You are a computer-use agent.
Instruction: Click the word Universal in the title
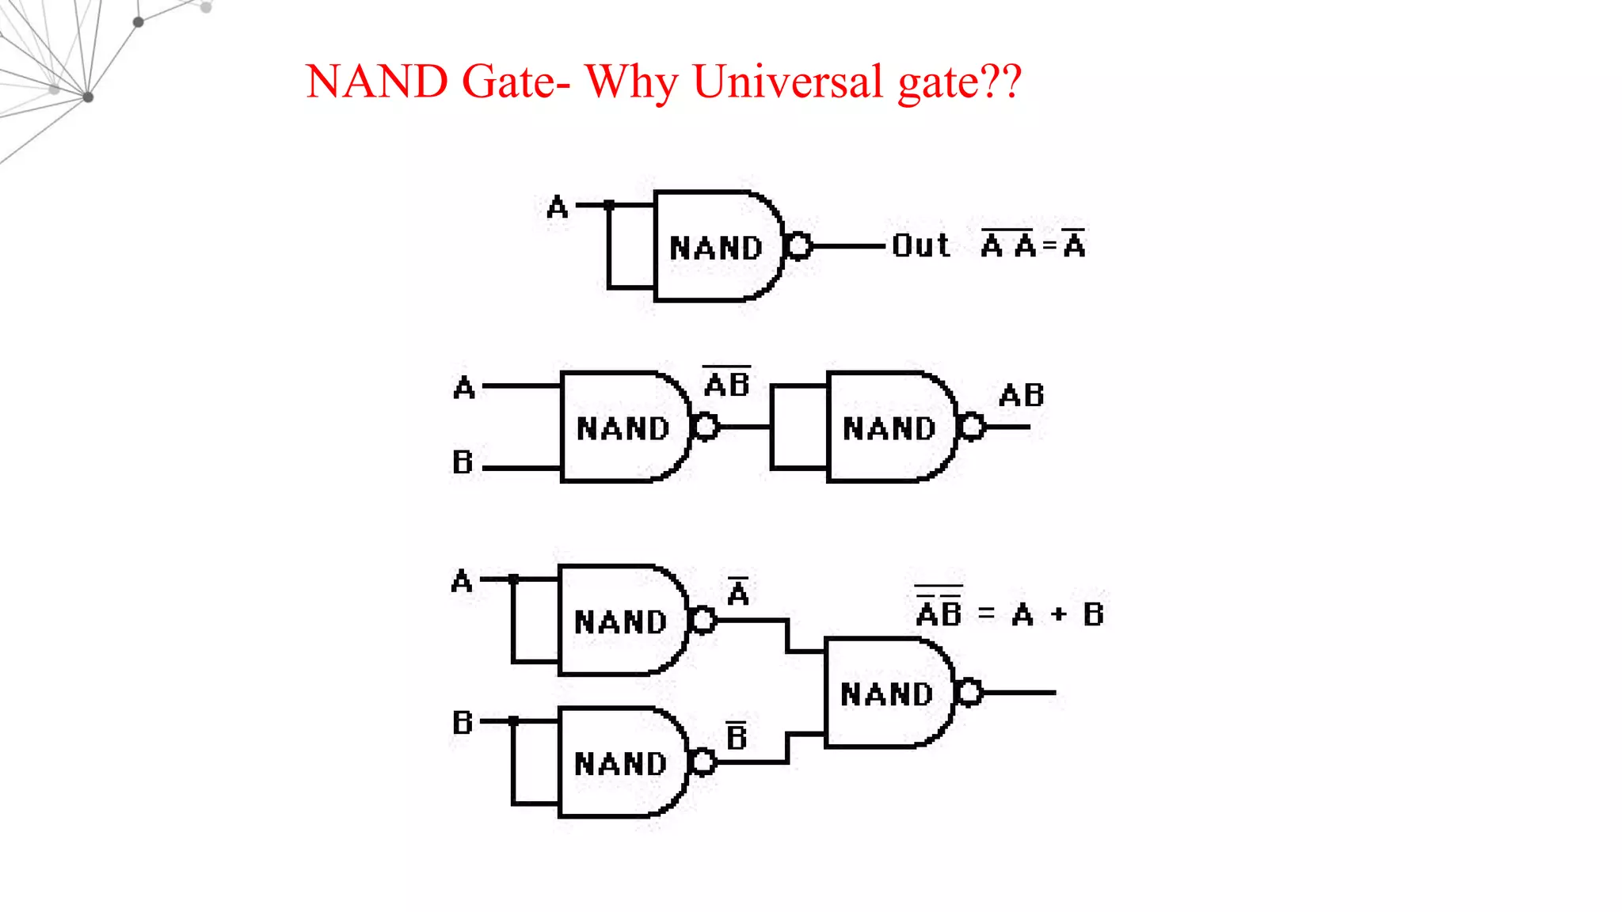tap(787, 82)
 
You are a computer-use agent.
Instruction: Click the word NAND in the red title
tap(377, 82)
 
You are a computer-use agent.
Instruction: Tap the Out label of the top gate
tap(920, 245)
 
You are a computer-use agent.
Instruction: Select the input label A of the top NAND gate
tap(557, 207)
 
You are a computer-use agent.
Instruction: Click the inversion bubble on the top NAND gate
tap(800, 246)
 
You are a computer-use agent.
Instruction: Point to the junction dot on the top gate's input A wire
tap(609, 205)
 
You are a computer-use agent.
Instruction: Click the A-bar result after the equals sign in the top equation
tap(1074, 244)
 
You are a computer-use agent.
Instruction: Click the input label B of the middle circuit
tap(463, 462)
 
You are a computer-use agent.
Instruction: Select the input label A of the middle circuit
tap(464, 388)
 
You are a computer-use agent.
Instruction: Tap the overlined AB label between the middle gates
tap(727, 383)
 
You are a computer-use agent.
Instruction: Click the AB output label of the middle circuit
tap(1022, 395)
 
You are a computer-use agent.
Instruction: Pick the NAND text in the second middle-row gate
tap(889, 428)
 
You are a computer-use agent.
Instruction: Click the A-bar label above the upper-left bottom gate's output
tap(738, 591)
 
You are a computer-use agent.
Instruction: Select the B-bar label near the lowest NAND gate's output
tap(737, 736)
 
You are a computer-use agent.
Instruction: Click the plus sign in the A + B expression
tap(1059, 614)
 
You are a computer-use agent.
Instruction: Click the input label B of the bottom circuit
tap(463, 723)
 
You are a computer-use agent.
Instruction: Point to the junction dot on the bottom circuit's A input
tap(513, 579)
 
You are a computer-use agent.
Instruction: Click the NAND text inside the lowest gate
tap(620, 764)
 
